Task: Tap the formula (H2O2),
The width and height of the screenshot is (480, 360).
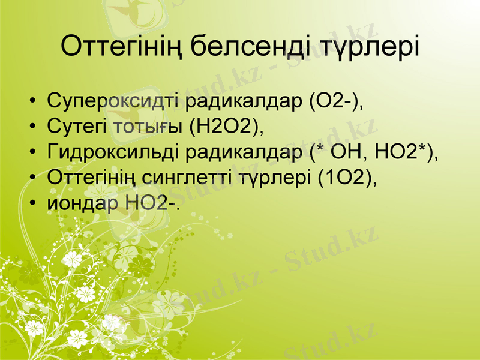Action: tap(226, 127)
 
